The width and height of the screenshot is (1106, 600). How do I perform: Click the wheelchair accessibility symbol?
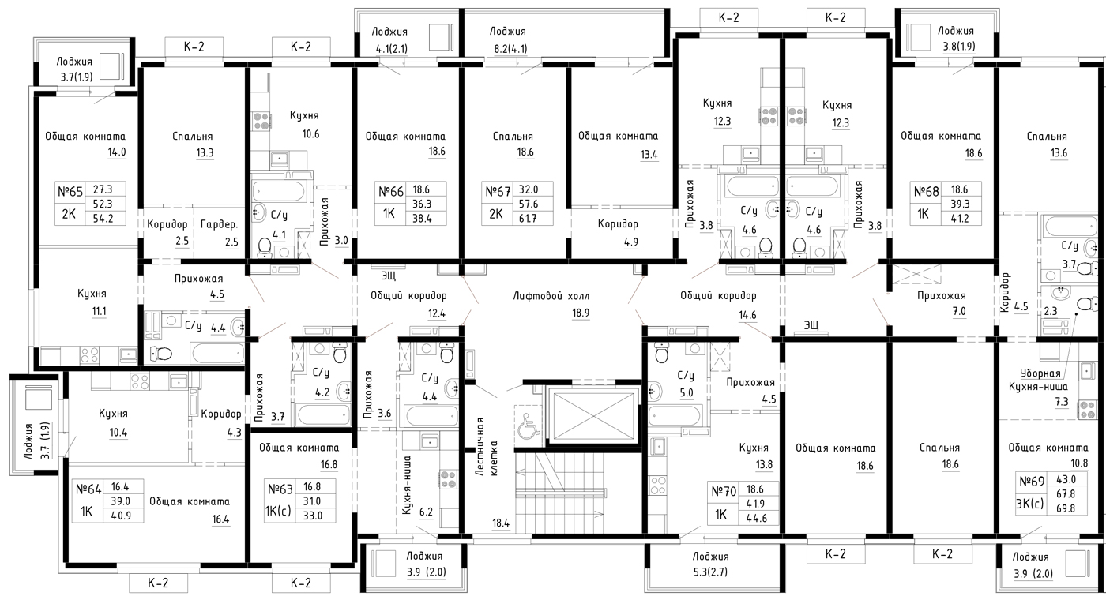(x=528, y=422)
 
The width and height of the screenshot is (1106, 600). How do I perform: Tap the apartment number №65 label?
(x=70, y=191)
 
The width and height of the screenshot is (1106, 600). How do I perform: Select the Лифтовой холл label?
(x=551, y=296)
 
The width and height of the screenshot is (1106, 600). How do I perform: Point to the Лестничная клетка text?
(x=487, y=447)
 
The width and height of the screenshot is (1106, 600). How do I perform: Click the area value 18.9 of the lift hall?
(x=581, y=313)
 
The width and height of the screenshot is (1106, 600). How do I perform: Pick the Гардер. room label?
(x=220, y=224)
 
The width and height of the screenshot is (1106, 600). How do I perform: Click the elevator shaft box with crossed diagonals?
(x=593, y=415)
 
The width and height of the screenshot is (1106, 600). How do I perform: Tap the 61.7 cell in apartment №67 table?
(x=528, y=218)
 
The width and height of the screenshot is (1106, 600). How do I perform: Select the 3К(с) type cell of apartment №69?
(x=1030, y=504)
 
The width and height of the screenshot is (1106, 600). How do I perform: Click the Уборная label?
(x=1040, y=373)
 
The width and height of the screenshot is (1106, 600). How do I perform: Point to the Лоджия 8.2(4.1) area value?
(x=509, y=49)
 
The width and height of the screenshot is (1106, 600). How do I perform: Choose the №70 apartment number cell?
(x=724, y=491)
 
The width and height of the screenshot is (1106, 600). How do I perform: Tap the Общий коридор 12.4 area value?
(x=436, y=313)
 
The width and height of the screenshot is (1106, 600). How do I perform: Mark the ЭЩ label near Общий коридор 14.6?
(x=811, y=324)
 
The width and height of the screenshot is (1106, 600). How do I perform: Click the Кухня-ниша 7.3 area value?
(x=1062, y=402)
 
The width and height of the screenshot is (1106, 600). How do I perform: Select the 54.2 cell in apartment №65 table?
(x=103, y=218)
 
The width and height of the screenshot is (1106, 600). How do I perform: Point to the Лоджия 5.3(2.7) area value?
(x=710, y=572)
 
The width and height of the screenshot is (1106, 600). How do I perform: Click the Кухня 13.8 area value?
(x=764, y=464)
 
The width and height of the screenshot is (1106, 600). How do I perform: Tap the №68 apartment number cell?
(x=926, y=191)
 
